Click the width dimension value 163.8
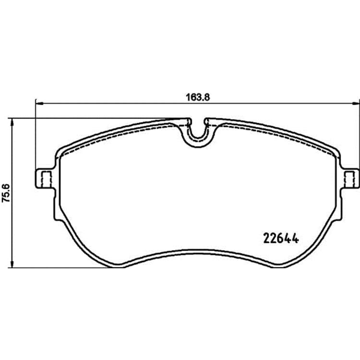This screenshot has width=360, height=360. click(198, 97)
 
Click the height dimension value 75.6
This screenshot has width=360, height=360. click(5, 193)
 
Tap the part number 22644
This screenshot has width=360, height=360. click(281, 238)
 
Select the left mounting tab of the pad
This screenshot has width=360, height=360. click(45, 179)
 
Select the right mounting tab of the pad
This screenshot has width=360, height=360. click(349, 179)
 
